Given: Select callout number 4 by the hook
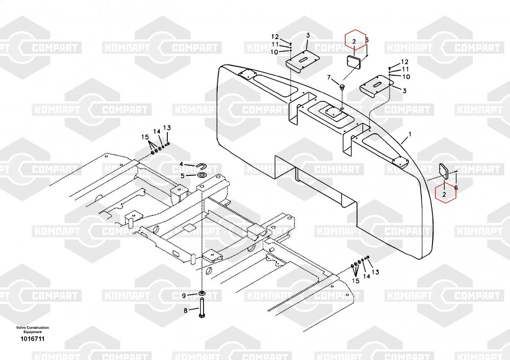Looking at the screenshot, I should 181,164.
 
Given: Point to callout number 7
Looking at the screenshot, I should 329,78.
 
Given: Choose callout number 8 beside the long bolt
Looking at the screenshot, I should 185,310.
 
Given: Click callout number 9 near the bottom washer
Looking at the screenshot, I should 185,296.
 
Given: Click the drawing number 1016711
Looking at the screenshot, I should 32,339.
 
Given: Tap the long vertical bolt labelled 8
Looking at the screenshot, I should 202,309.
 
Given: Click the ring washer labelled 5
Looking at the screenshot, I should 201,175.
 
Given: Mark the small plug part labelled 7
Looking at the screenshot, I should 343,88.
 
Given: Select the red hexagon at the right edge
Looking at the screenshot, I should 444,193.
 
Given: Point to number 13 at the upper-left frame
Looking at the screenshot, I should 167,127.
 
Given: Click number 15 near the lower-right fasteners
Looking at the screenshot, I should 355,280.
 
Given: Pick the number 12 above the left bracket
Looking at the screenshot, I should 275,37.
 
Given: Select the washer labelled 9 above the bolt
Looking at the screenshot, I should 202,294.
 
